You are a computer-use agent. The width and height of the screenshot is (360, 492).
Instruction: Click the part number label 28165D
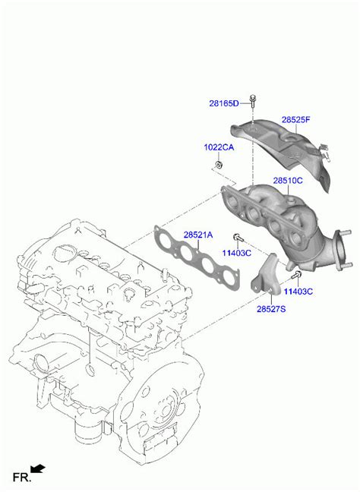[x=224, y=103]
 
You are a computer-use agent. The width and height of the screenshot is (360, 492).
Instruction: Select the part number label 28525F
[x=295, y=119]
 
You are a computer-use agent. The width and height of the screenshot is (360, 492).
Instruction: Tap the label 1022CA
[x=219, y=147]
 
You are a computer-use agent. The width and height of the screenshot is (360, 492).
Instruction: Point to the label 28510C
[x=288, y=181]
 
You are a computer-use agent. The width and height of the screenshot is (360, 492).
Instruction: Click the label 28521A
[x=198, y=235]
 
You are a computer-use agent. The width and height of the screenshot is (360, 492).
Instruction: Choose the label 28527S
[x=271, y=309]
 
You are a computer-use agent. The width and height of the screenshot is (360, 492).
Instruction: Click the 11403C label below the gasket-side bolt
[x=237, y=253]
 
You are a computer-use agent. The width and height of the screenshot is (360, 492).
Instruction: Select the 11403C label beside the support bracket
[x=298, y=292]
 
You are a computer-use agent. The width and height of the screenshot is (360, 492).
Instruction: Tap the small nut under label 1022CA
[x=218, y=165]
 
